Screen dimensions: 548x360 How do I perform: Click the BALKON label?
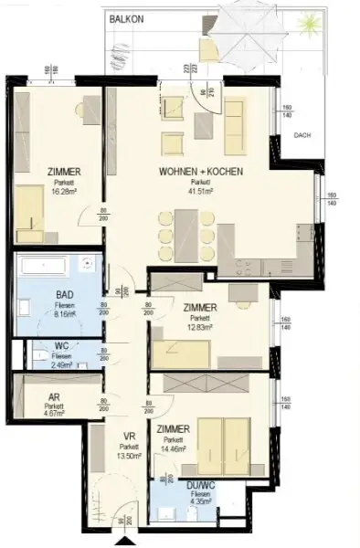click(x=125, y=18)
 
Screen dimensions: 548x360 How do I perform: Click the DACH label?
click(x=303, y=135)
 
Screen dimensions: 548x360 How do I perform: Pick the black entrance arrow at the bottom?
click(x=118, y=543)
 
